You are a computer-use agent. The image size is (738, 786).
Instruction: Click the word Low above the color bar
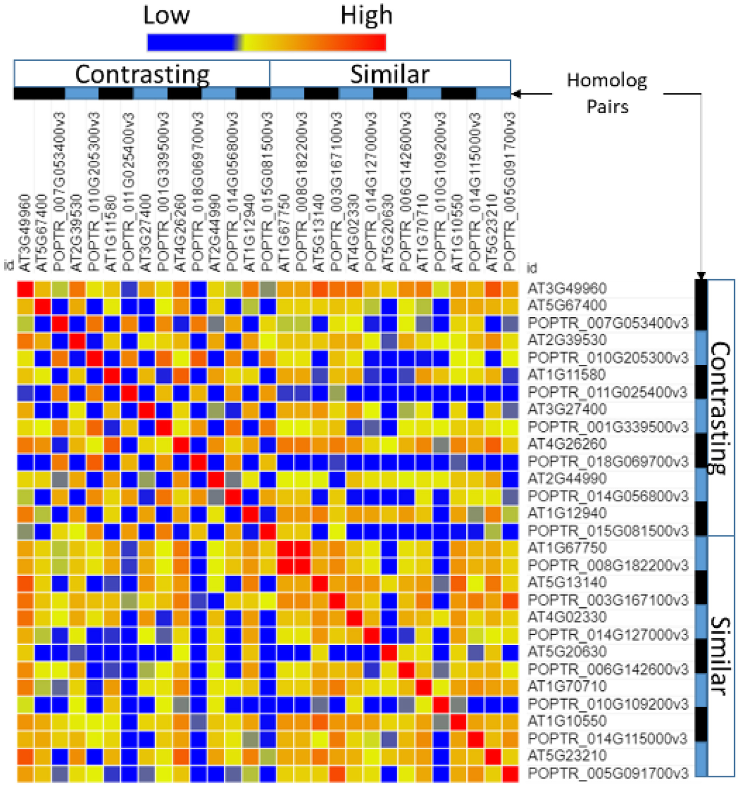[166, 15]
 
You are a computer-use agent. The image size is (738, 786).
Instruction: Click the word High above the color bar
[366, 15]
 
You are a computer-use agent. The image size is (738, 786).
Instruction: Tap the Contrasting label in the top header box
[142, 75]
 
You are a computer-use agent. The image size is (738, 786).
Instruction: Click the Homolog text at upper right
[606, 80]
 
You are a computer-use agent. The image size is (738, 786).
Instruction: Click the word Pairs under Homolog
[607, 107]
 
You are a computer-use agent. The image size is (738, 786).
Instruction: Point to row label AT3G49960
[567, 288]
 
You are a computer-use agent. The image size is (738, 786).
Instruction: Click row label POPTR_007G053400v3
[608, 323]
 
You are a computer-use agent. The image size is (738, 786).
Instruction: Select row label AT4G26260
[567, 444]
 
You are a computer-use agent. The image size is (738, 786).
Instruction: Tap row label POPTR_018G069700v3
[608, 461]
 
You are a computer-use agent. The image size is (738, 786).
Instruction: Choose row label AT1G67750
[567, 547]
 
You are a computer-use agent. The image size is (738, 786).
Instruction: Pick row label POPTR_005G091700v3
[608, 773]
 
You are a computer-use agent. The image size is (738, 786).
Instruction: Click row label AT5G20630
[567, 652]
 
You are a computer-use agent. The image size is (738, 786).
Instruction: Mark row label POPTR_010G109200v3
[608, 704]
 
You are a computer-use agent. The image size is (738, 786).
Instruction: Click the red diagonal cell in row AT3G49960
[25, 289]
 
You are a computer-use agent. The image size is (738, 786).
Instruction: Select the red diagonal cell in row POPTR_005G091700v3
[510, 774]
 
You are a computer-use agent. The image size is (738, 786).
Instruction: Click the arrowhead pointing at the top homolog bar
[516, 94]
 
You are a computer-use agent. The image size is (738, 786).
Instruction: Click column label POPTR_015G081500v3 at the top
[267, 192]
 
